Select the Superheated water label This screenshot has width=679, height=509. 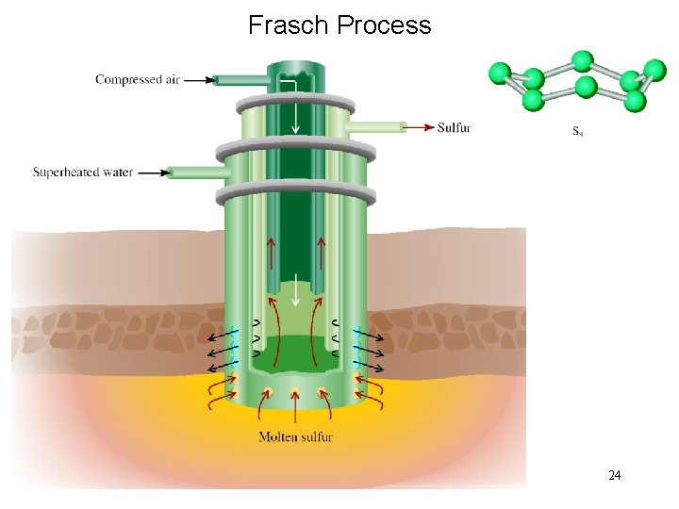(x=83, y=172)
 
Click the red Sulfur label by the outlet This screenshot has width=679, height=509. (x=454, y=127)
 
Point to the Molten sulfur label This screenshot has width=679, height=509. (x=295, y=436)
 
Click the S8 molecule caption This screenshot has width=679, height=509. (x=578, y=131)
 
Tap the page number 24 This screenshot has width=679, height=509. (x=614, y=475)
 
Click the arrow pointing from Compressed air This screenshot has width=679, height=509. (x=197, y=80)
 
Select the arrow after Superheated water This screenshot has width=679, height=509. (x=154, y=172)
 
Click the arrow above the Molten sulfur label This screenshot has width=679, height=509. (x=295, y=409)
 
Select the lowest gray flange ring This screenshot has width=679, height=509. (x=295, y=195)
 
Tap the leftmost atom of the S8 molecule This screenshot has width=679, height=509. (x=501, y=72)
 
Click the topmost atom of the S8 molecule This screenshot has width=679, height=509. (x=582, y=60)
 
